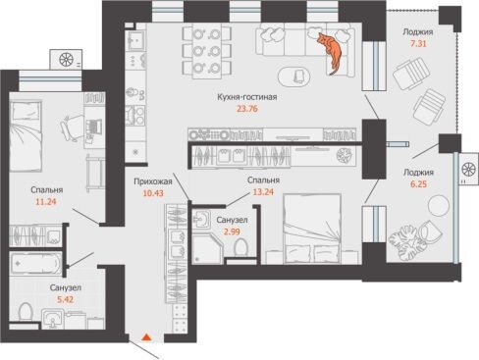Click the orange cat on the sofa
[332, 52]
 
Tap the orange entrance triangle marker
[147, 337]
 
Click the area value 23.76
[247, 109]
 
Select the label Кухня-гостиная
[247, 97]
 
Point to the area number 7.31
[418, 43]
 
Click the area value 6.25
[418, 184]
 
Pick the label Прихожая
[153, 181]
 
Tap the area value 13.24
[263, 192]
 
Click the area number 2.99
[232, 231]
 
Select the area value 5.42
[66, 299]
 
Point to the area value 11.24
[46, 202]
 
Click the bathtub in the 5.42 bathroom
[35, 263]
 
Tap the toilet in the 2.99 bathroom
[241, 247]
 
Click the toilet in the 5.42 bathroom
[26, 312]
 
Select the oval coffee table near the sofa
[293, 77]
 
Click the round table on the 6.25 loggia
[439, 205]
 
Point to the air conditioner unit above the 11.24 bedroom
[66, 60]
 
